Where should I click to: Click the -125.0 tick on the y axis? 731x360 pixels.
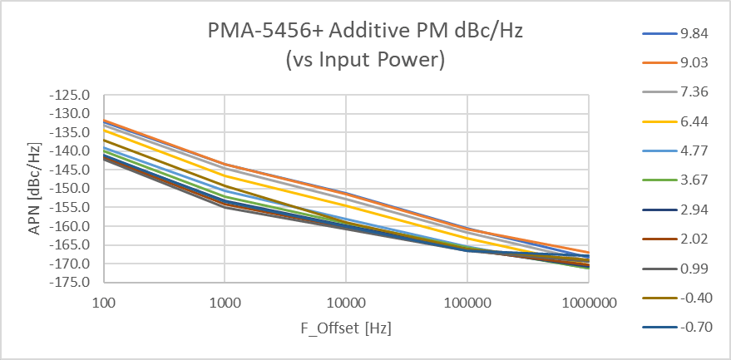point(71,95)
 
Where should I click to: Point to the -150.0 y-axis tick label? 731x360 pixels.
point(71,189)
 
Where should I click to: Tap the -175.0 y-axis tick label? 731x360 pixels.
point(71,283)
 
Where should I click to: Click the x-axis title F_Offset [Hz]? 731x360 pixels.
point(345,328)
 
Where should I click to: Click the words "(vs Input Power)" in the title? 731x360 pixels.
point(365,59)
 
